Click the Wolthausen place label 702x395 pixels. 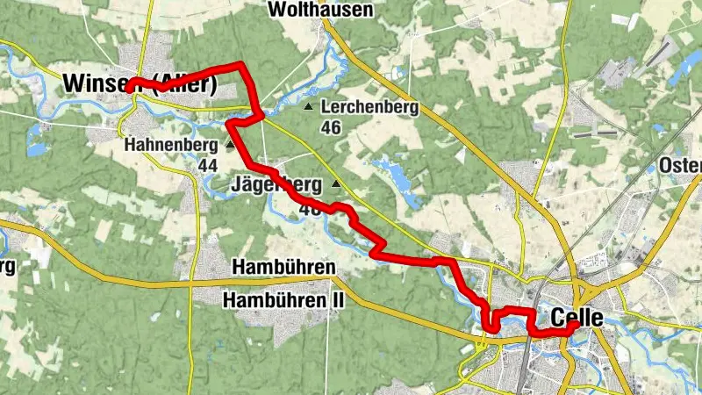coord(319,11)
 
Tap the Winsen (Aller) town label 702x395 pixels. coord(140,84)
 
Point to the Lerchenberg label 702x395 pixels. coord(370,108)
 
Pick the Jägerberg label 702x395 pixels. coord(276,185)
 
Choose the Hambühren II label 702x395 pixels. coord(284,301)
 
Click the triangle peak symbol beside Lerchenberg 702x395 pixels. coord(308,108)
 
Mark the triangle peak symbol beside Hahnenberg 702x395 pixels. coord(230,144)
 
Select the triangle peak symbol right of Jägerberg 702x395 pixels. coord(337,184)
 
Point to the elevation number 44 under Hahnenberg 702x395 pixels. coord(208,164)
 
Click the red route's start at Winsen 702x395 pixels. coord(128,89)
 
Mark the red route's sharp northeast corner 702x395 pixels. coord(243,65)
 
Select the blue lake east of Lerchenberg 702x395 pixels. coord(395,175)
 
